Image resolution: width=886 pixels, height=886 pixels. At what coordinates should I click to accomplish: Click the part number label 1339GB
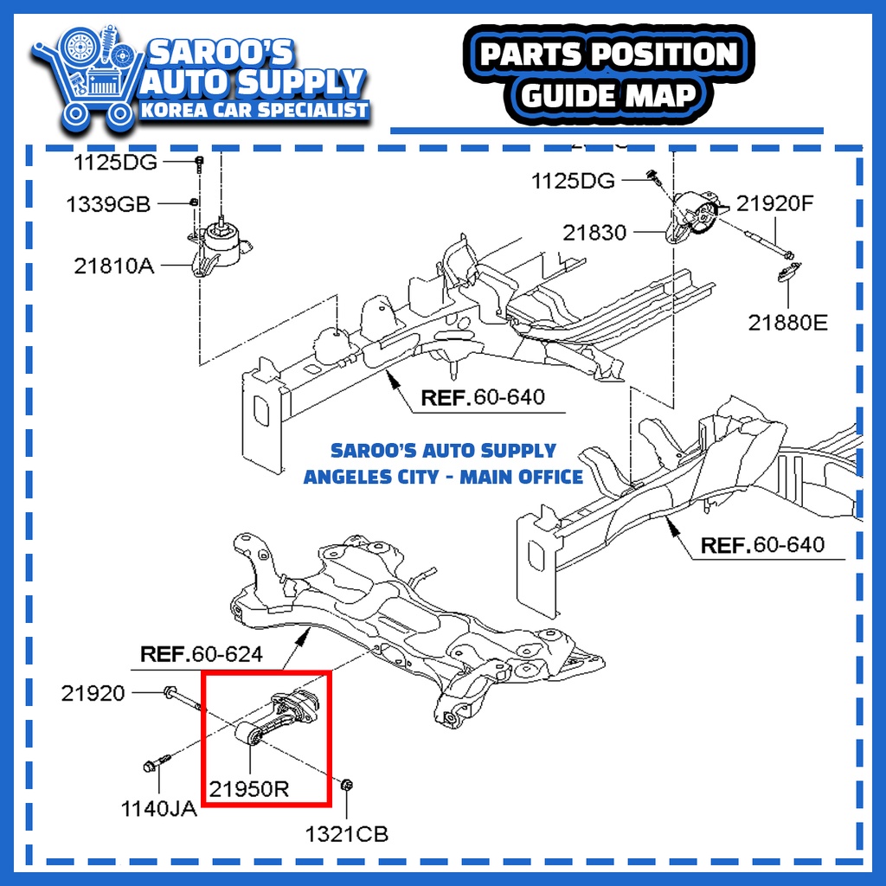point(108,205)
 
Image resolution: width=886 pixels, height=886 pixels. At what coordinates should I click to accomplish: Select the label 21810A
point(113,266)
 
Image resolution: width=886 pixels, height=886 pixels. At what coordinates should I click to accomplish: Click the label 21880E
point(787,324)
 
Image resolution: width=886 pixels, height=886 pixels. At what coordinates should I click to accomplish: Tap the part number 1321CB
point(346,834)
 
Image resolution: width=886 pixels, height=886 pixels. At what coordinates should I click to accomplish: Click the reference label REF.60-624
point(202,655)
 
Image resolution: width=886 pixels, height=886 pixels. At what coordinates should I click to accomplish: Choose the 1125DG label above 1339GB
point(113,162)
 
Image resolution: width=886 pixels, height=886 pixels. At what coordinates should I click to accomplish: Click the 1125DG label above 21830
point(573,181)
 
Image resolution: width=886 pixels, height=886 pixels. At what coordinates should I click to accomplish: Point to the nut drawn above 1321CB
point(345,786)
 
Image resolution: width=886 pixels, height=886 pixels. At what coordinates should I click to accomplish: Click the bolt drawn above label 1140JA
point(155,765)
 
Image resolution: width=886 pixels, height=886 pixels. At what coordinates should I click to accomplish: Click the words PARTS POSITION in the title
point(609,55)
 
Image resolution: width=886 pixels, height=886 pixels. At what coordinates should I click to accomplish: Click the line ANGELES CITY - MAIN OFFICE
point(443,477)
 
